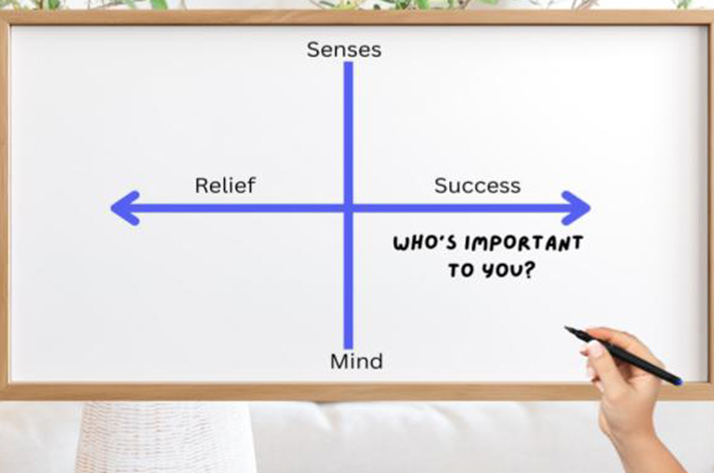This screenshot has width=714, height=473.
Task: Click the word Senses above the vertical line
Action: (x=344, y=50)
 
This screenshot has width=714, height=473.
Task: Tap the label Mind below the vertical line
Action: (x=356, y=362)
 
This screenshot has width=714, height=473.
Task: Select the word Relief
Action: (x=225, y=185)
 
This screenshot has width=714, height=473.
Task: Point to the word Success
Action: (x=477, y=186)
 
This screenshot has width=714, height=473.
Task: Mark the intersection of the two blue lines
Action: (x=348, y=208)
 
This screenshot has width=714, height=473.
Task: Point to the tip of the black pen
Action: (x=566, y=328)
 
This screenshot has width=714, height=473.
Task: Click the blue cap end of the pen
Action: (x=678, y=381)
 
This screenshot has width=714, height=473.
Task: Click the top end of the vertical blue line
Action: (x=348, y=64)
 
